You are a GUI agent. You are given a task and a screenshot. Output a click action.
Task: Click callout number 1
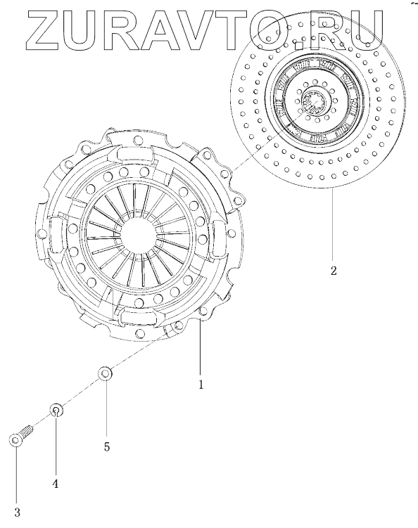[x=201, y=384]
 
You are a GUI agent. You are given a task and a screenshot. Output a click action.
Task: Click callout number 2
[x=334, y=271]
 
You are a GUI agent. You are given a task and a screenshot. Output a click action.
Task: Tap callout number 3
[x=17, y=513]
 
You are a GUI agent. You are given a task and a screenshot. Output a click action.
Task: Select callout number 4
[x=56, y=484]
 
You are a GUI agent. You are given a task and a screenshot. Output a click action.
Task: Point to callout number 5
[x=107, y=447]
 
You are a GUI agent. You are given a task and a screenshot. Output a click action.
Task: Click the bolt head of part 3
[x=15, y=441]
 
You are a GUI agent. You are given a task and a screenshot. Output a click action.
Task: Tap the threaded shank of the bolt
[x=26, y=431]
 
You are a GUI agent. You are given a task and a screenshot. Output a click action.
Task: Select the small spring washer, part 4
[x=56, y=410]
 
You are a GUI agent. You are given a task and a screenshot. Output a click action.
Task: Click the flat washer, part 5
[x=105, y=373]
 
